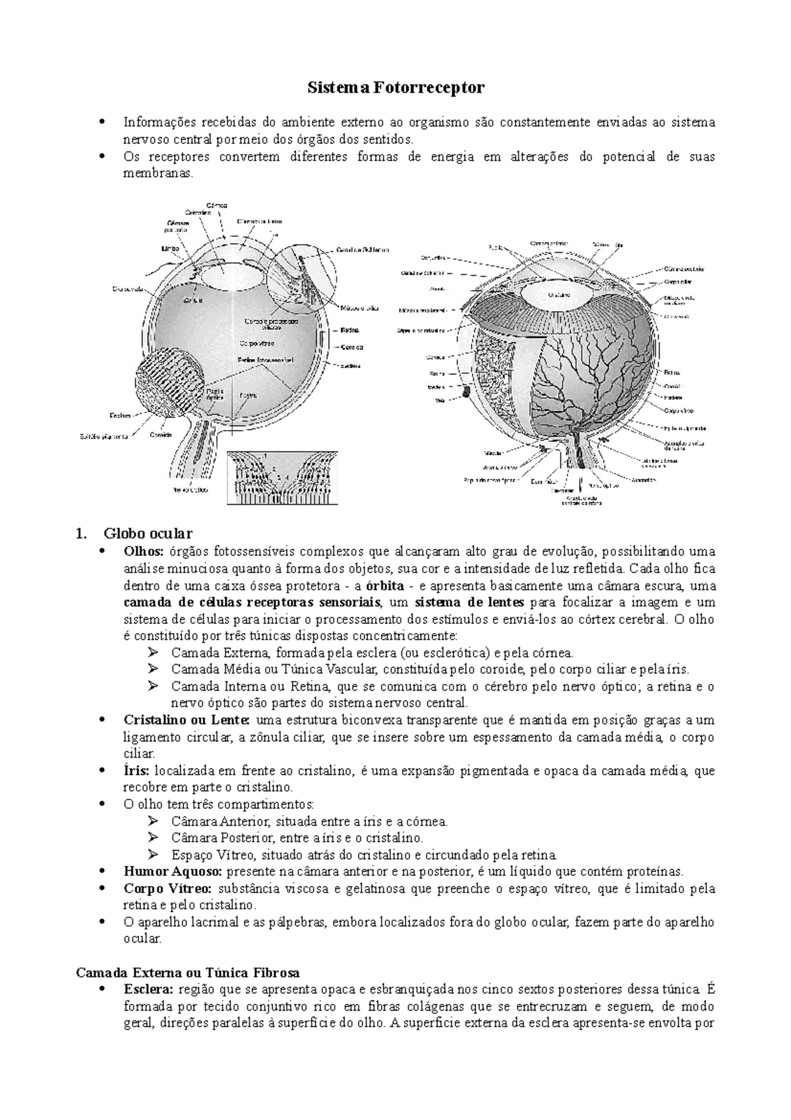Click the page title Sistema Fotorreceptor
coord(395,88)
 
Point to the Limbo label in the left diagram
coord(170,249)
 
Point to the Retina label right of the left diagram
coord(350,329)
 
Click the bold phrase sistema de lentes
coord(469,602)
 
